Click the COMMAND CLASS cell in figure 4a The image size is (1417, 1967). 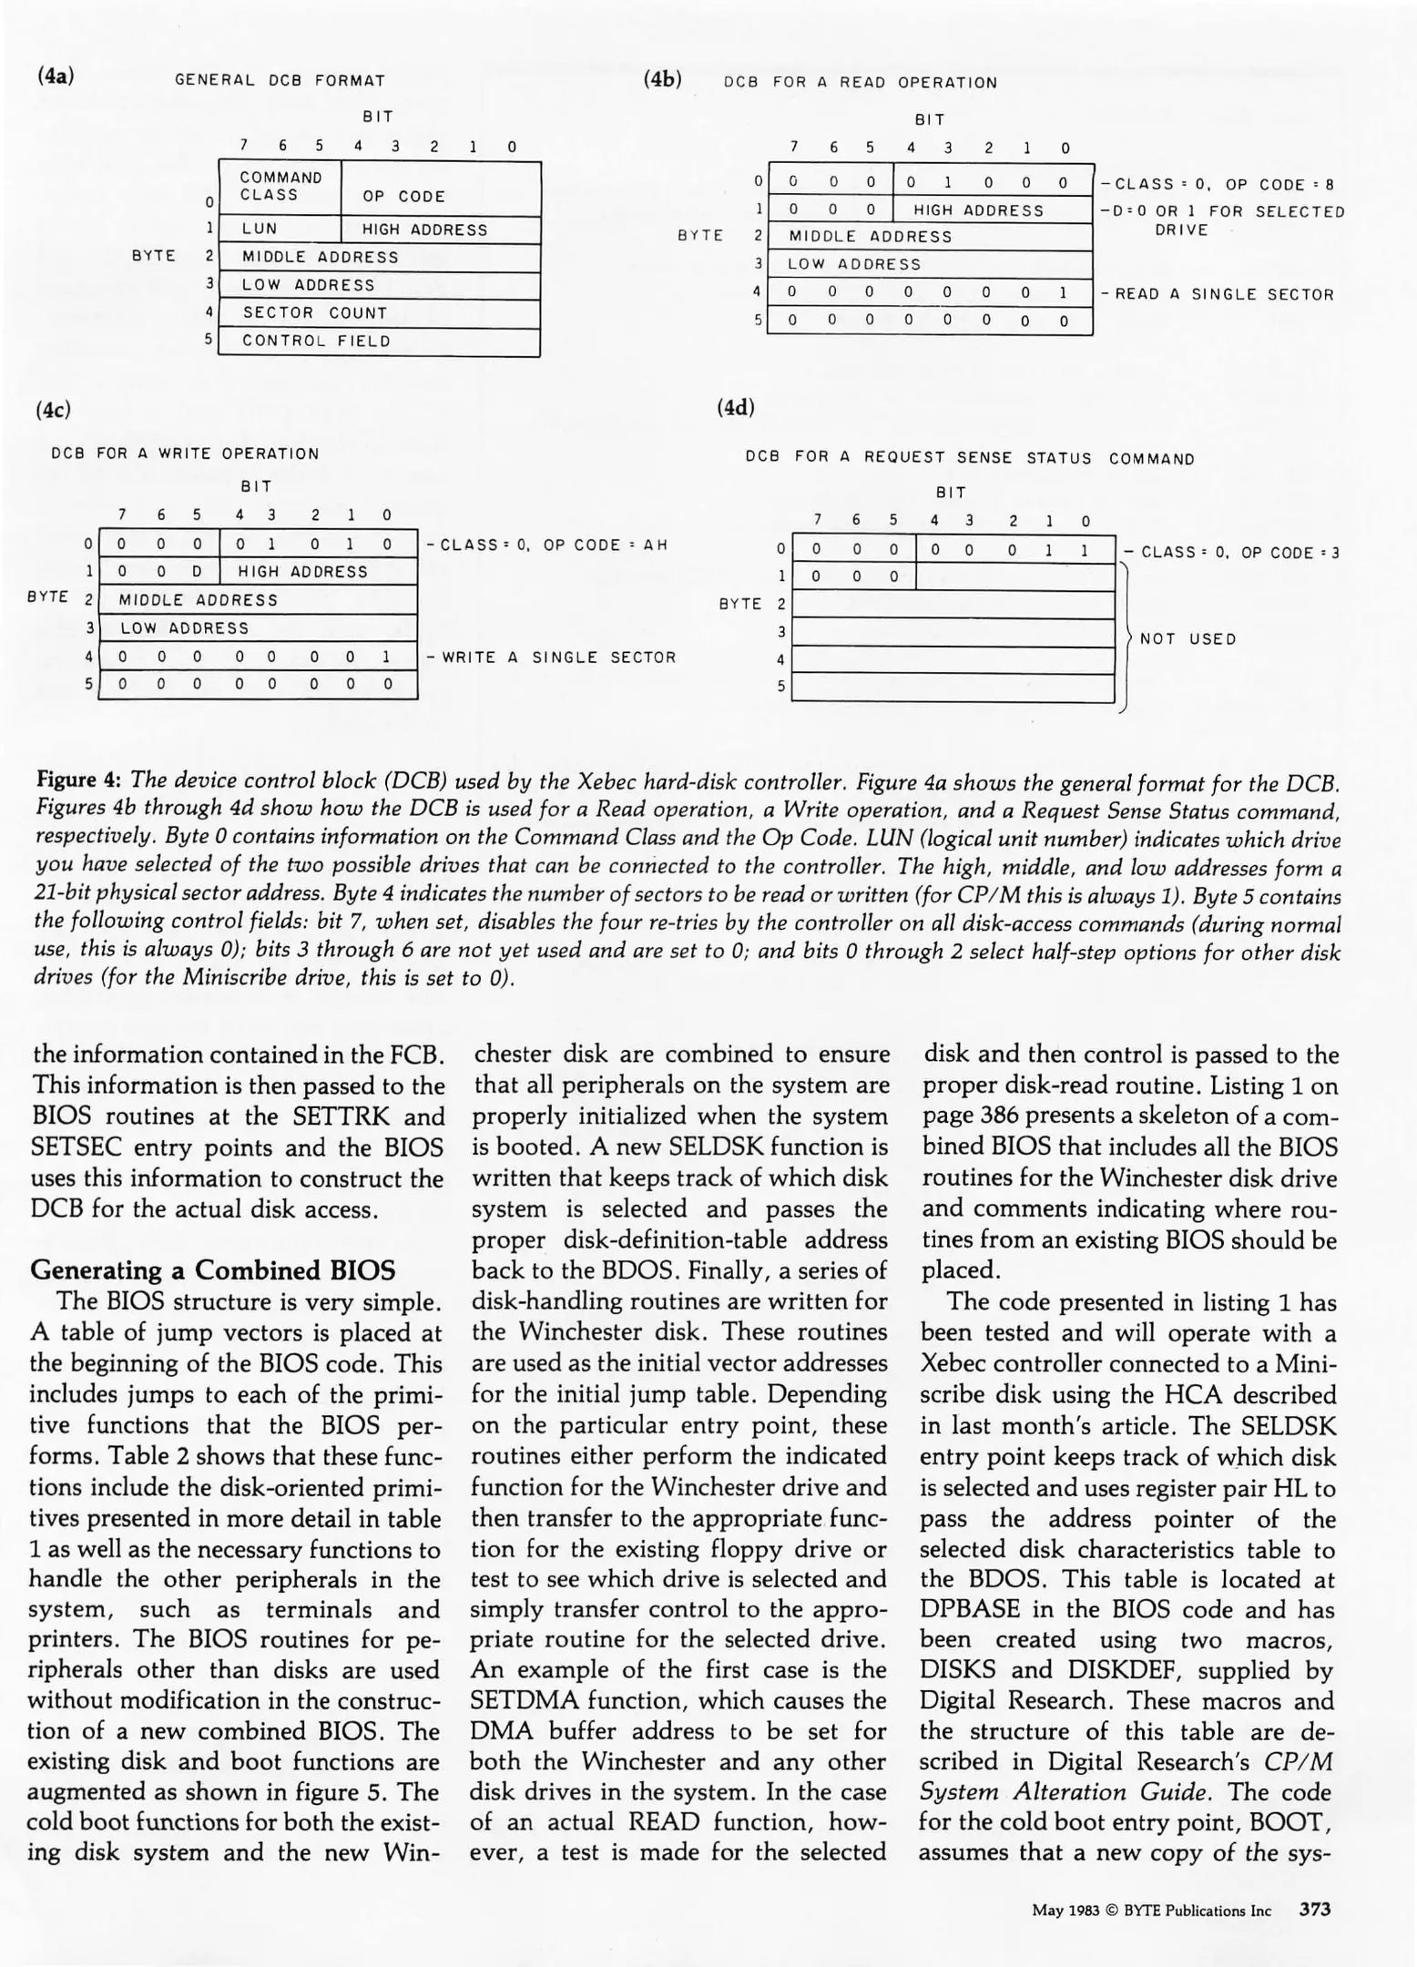[280, 187]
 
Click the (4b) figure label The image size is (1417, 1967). [662, 79]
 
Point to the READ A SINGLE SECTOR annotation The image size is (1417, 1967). [1218, 294]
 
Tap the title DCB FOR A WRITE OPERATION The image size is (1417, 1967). [186, 454]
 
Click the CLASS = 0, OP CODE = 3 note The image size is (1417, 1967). [1231, 553]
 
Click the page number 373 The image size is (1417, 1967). [1314, 1910]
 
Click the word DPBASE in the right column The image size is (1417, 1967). [970, 1609]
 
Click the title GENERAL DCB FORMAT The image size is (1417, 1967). [280, 80]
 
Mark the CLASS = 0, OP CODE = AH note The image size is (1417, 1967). [546, 545]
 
